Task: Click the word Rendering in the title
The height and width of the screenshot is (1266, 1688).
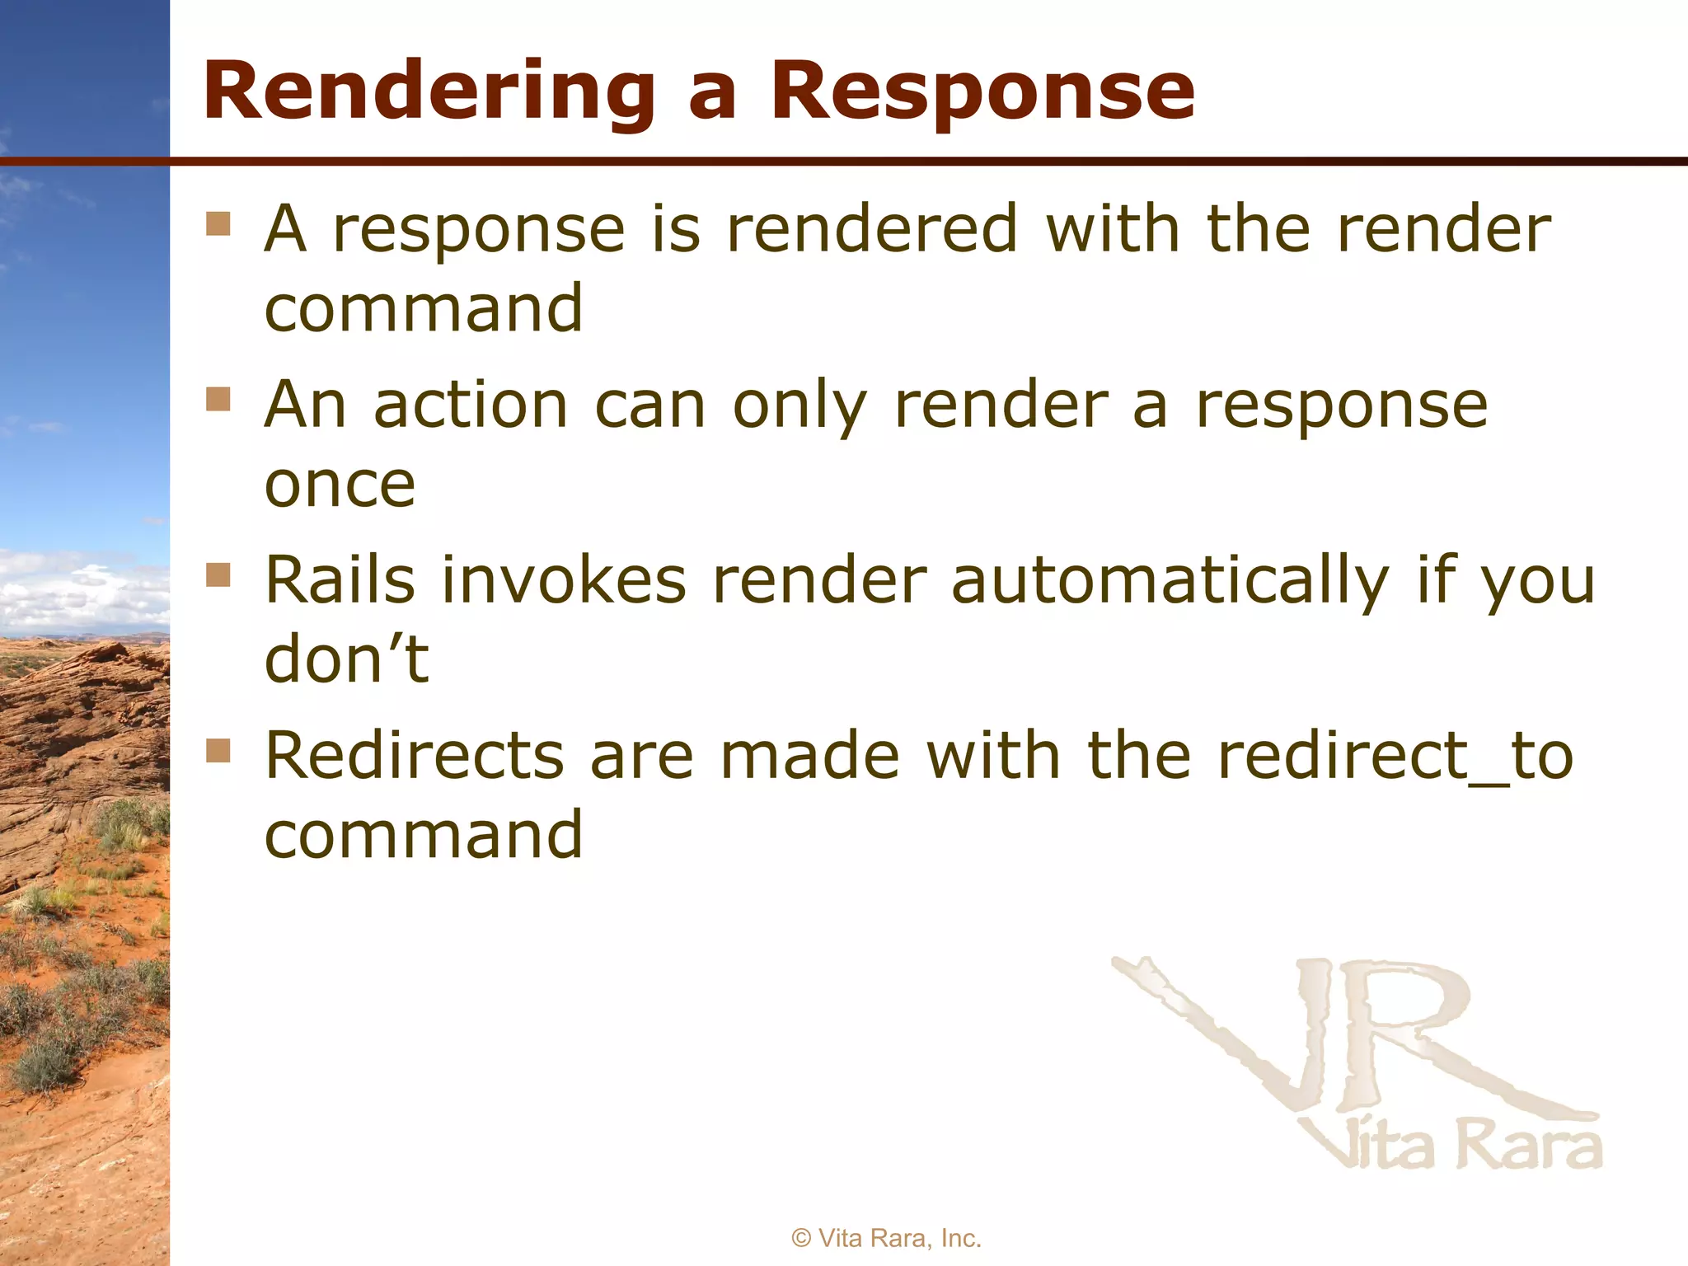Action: point(429,92)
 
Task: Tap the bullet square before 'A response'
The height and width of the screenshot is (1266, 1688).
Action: point(218,224)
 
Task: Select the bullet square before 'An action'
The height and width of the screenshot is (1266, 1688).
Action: point(218,400)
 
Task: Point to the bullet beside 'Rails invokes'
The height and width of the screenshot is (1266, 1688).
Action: point(218,574)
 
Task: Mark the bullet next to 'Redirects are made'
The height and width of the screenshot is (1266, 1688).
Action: point(218,751)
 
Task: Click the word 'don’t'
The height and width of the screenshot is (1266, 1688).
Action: point(346,659)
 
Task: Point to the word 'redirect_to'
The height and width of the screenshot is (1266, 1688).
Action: point(1395,756)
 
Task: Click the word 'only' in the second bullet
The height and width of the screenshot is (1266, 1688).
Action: point(799,406)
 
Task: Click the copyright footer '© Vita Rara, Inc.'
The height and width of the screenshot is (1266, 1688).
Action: point(886,1238)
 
